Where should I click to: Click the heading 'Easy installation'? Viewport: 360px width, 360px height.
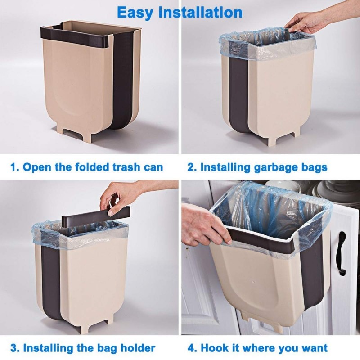180,12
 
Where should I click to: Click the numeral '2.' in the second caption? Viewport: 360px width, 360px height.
192,168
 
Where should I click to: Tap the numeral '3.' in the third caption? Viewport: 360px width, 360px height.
15,348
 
